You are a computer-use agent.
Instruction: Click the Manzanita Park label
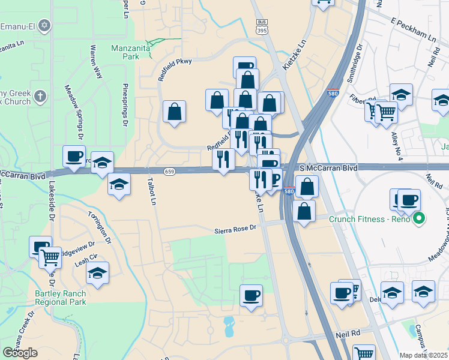(x=125, y=52)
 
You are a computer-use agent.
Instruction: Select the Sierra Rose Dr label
(x=235, y=229)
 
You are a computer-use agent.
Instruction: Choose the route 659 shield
(x=169, y=171)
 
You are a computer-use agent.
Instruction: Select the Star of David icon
(x=43, y=26)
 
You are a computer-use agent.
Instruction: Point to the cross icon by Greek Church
(x=40, y=96)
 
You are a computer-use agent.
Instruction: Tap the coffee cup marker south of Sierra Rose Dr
(x=251, y=295)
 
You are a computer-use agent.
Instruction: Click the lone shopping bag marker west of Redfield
(x=174, y=111)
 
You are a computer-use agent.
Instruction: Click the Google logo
(x=20, y=353)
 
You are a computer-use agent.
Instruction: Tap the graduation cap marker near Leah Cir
(x=97, y=273)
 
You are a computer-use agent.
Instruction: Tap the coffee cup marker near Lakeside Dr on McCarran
(x=74, y=156)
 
